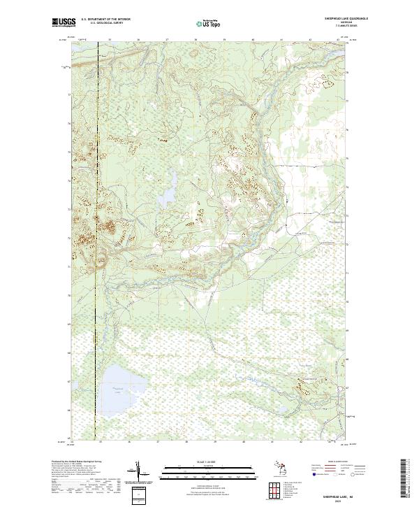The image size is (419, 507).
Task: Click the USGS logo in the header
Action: tap(64, 22)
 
